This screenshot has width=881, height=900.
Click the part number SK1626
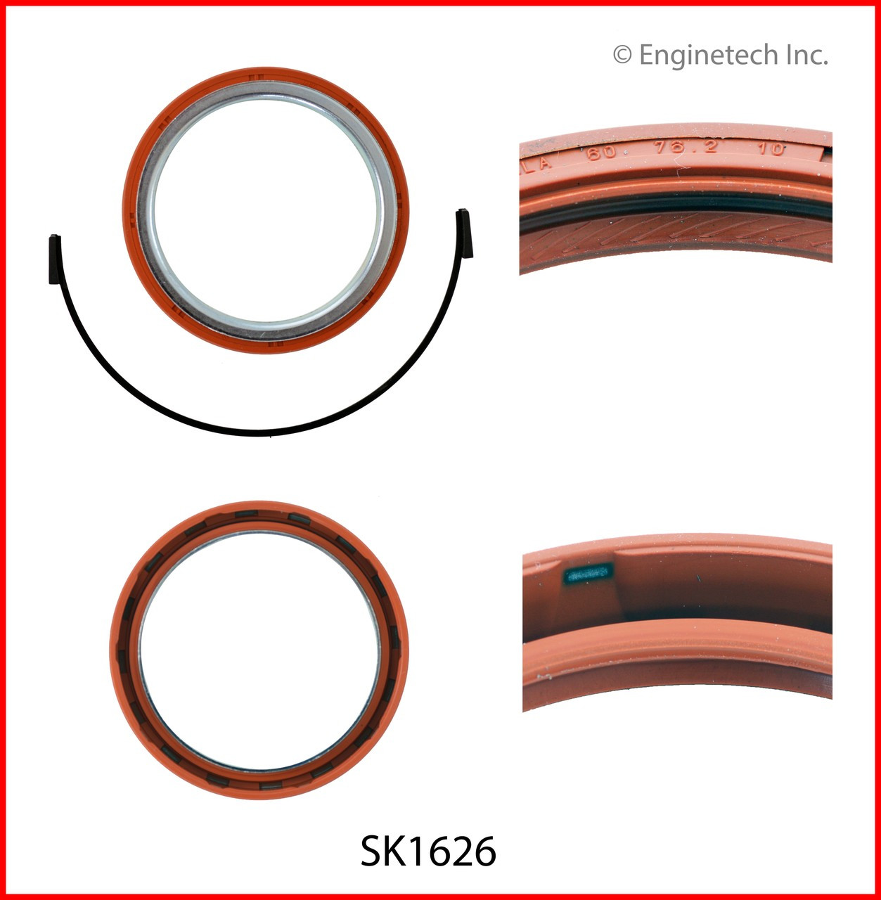pos(428,851)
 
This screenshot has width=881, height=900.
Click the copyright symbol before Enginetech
pos(622,54)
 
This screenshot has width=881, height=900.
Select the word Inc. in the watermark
pos(807,55)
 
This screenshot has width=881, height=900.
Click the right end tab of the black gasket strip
pos(465,233)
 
